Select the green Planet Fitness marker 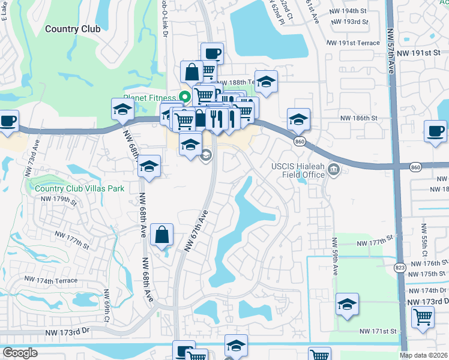pos(185,96)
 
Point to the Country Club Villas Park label pos(79,188)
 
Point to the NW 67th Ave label pos(196,231)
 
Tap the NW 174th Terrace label pos(50,280)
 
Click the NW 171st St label pos(379,331)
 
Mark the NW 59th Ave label pos(334,252)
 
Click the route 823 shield pos(399,268)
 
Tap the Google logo pos(20,353)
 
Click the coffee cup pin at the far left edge pos(8,122)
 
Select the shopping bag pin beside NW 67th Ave pos(163,235)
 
